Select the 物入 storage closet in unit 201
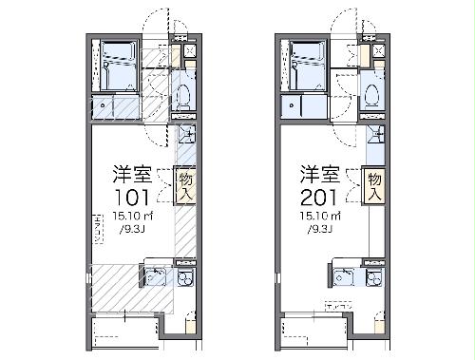375,182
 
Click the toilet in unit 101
183,95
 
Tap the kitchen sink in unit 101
155,277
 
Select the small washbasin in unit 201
376,133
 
